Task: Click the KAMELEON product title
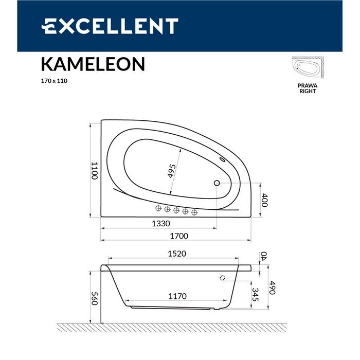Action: (x=93, y=64)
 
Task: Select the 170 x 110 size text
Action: (x=54, y=81)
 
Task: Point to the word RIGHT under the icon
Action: (x=308, y=91)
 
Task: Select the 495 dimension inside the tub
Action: (x=172, y=170)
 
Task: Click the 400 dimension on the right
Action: (x=265, y=200)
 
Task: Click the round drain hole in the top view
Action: (x=217, y=183)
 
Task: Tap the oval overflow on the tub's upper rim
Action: (x=224, y=160)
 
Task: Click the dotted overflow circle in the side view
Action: (x=222, y=278)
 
